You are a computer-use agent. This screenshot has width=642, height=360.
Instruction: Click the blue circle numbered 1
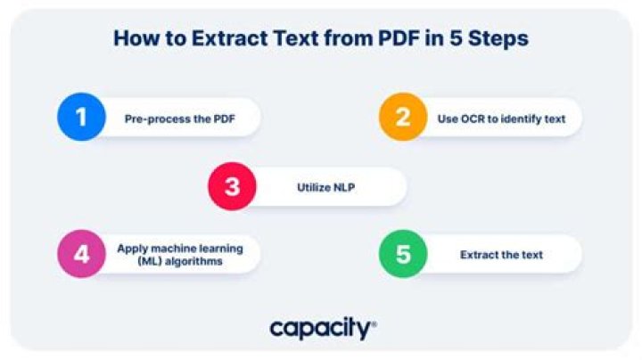pyautogui.click(x=81, y=117)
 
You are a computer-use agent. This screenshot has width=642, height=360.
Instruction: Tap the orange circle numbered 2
pyautogui.click(x=403, y=117)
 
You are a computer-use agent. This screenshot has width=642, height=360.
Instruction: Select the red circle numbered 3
pyautogui.click(x=232, y=186)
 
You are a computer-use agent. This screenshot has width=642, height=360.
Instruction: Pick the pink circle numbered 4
pyautogui.click(x=81, y=254)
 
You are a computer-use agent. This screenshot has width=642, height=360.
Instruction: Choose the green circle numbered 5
pyautogui.click(x=403, y=254)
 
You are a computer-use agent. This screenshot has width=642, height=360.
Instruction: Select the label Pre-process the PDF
pyautogui.click(x=176, y=118)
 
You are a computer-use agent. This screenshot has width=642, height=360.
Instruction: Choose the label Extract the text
pyautogui.click(x=501, y=255)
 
